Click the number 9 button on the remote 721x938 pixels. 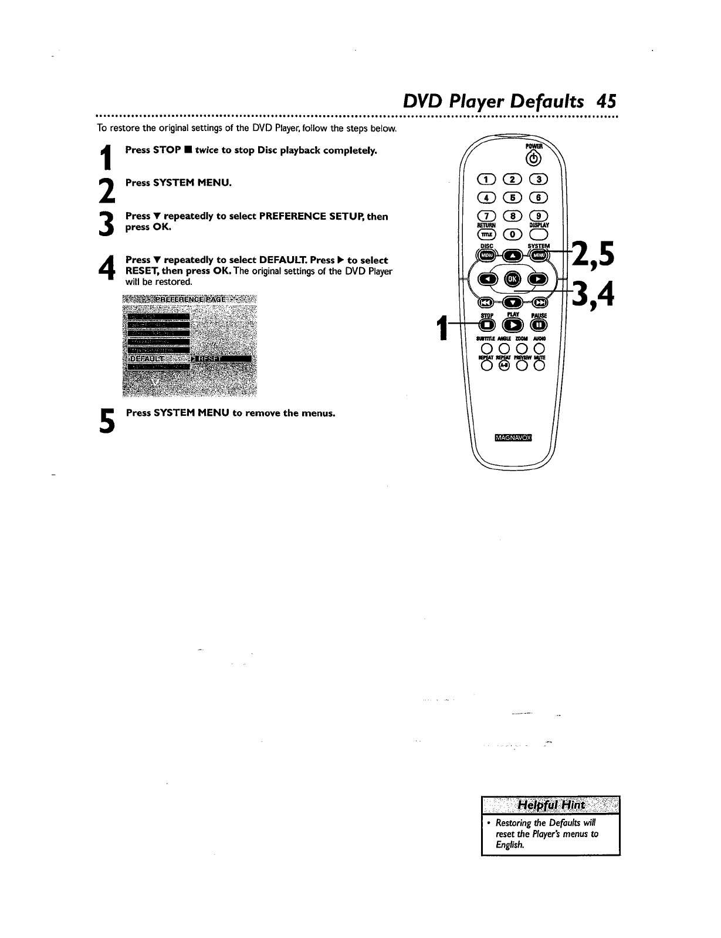tap(539, 216)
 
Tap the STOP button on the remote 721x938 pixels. tap(486, 325)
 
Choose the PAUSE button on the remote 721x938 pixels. tap(538, 325)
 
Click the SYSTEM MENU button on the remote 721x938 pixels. tap(539, 255)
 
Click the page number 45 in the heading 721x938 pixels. tap(605, 101)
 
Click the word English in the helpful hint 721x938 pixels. tap(509, 845)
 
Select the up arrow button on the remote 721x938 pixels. tap(513, 255)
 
